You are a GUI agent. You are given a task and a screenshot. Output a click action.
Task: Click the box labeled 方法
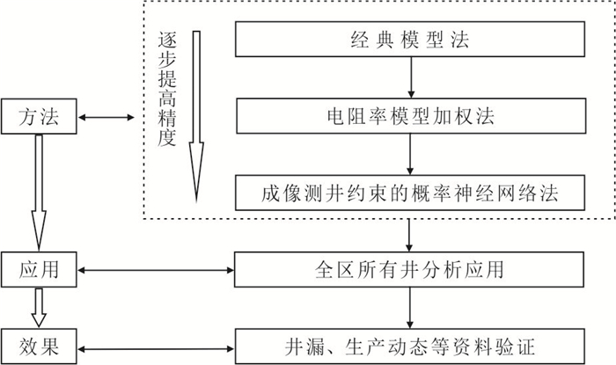coord(39,116)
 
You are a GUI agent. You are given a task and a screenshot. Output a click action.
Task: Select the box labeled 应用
coord(39,268)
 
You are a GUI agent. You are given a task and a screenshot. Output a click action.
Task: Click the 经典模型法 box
coord(410,40)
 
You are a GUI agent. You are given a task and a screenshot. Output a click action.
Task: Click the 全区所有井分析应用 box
coord(410,268)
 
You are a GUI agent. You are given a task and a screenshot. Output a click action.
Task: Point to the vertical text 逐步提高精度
coord(164,88)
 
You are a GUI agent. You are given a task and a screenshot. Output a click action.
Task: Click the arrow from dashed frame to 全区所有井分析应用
coord(410,234)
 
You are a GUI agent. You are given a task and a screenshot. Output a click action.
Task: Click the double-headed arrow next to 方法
coord(105,116)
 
